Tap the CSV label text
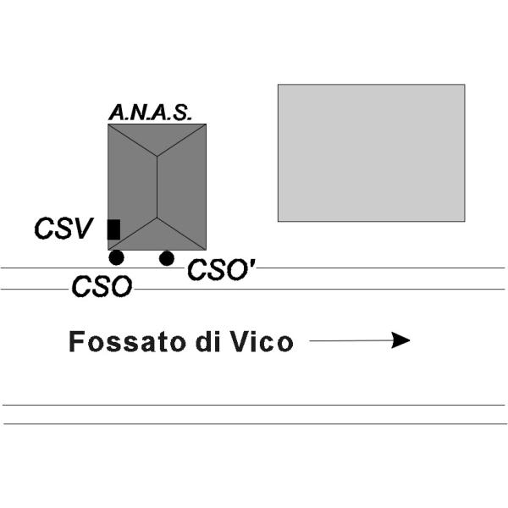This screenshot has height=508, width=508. coord(63,229)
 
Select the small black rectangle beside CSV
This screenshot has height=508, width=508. coord(113,229)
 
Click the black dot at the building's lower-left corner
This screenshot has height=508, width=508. coord(117,257)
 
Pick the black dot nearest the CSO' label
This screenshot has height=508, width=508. coord(167,257)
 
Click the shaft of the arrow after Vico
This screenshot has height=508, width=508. coord(347,340)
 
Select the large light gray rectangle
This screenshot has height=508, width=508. coord(371,152)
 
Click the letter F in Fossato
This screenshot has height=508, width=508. coord(77,342)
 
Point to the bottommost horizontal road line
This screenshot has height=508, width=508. coord(254,423)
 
